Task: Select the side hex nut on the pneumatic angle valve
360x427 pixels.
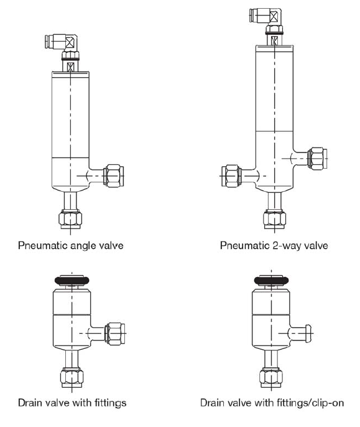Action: (114, 176)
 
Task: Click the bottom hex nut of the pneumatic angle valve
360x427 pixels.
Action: (70, 219)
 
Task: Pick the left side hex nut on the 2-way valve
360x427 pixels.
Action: (231, 176)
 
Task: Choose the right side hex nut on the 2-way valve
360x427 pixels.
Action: (317, 159)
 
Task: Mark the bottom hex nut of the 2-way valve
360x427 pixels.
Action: (275, 219)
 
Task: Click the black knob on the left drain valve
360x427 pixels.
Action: (72, 280)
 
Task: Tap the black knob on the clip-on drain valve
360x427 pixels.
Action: (271, 280)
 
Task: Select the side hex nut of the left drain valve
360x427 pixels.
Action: (115, 334)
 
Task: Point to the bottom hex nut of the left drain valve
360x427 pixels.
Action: (72, 377)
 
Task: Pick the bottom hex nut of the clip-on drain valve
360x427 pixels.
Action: (271, 377)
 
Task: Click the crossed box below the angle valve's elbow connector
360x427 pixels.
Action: (70, 67)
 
